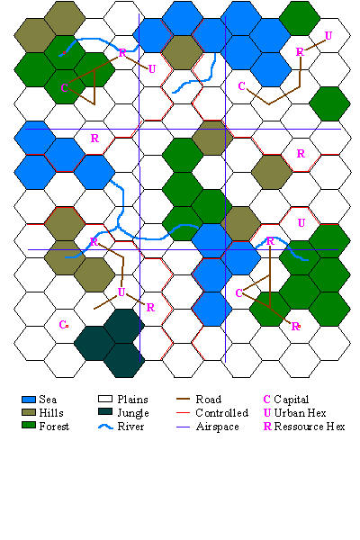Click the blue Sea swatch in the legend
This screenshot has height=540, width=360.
click(29, 400)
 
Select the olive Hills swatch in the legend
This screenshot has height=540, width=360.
click(29, 412)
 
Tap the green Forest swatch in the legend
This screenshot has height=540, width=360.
click(29, 426)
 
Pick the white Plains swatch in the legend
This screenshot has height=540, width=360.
click(105, 399)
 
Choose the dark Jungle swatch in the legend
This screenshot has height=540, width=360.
click(105, 412)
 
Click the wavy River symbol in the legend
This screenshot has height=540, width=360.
click(105, 427)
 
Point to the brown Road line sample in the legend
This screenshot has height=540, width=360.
click(183, 399)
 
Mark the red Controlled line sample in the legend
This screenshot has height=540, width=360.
click(183, 412)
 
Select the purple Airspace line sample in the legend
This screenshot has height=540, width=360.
click(183, 427)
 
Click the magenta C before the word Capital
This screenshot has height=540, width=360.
click(266, 400)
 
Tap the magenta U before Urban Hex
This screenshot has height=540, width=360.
click(267, 412)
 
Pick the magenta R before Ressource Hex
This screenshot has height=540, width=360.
click(267, 427)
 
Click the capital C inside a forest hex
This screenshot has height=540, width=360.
click(64, 88)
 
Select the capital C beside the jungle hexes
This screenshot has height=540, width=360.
click(62, 324)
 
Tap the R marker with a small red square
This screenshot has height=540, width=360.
click(295, 326)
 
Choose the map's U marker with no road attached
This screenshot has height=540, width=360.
click(301, 223)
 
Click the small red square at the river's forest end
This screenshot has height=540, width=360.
click(64, 53)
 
